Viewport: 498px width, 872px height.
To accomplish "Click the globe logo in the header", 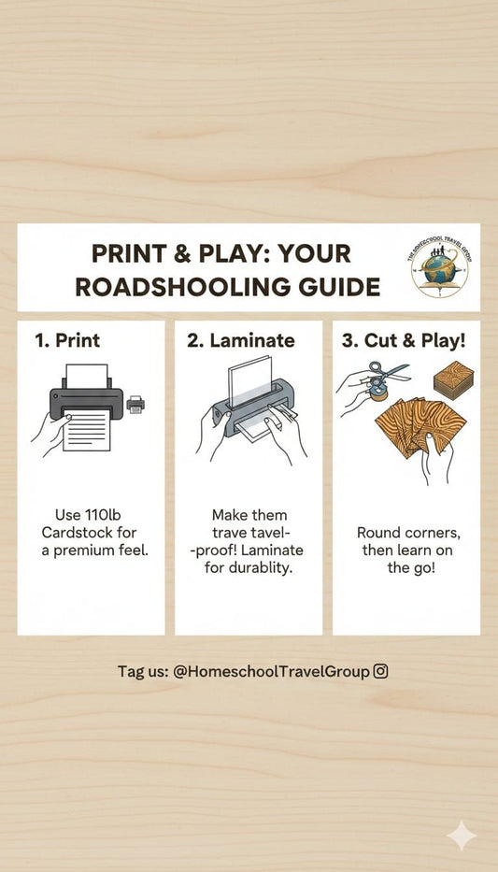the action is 440,268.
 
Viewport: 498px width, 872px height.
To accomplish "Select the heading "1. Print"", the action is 67,340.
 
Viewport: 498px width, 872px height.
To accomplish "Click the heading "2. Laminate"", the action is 241,340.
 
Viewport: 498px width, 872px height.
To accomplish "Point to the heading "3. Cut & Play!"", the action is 404,341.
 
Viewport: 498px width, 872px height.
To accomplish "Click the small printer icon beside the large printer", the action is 135,405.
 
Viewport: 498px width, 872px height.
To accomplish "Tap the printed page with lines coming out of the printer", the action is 87,430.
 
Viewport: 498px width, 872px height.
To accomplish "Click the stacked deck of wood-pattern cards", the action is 453,379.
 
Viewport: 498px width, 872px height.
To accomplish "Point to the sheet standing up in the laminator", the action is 250,381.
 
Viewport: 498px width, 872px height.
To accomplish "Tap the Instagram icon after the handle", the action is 380,671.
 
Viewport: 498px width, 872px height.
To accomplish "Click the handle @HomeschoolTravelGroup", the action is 271,672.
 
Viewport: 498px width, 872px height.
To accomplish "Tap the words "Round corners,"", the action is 408,533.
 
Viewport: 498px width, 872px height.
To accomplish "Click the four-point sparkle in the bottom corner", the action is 462,836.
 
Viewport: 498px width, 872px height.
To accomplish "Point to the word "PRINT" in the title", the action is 129,253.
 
